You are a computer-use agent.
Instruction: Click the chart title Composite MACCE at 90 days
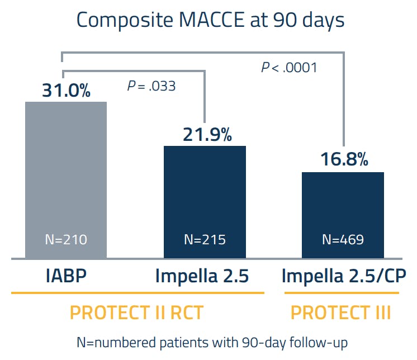click(210, 20)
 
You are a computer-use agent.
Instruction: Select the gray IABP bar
click(66, 179)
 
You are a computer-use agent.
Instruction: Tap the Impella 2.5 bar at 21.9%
click(204, 201)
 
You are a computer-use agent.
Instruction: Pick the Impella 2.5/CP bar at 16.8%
click(343, 215)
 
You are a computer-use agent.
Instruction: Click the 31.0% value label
click(66, 91)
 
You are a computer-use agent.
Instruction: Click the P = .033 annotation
click(151, 86)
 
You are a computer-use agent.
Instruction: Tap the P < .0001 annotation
click(289, 68)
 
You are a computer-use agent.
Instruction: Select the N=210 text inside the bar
click(66, 240)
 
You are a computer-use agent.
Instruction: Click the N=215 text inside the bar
click(205, 240)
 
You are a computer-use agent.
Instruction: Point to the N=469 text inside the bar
click(343, 240)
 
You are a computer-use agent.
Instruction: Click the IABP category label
click(66, 277)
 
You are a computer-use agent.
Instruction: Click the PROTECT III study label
click(341, 312)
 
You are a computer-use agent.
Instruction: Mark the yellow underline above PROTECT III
click(341, 293)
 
